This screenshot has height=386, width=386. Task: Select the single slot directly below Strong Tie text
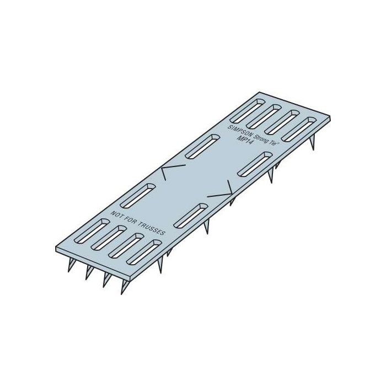[257, 164]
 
